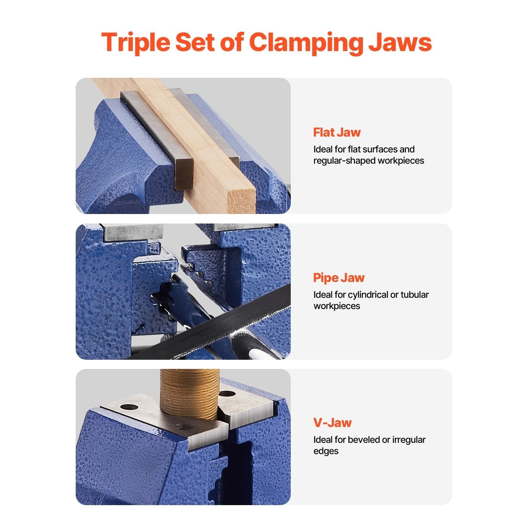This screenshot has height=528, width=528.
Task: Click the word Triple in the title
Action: click(x=136, y=43)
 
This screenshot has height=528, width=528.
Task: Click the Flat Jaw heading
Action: click(x=337, y=132)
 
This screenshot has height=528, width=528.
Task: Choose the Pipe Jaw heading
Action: click(x=339, y=278)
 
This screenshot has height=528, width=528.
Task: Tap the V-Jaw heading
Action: click(x=332, y=422)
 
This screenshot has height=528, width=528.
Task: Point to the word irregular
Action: click(x=409, y=440)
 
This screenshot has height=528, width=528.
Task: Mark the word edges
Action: click(x=326, y=451)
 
